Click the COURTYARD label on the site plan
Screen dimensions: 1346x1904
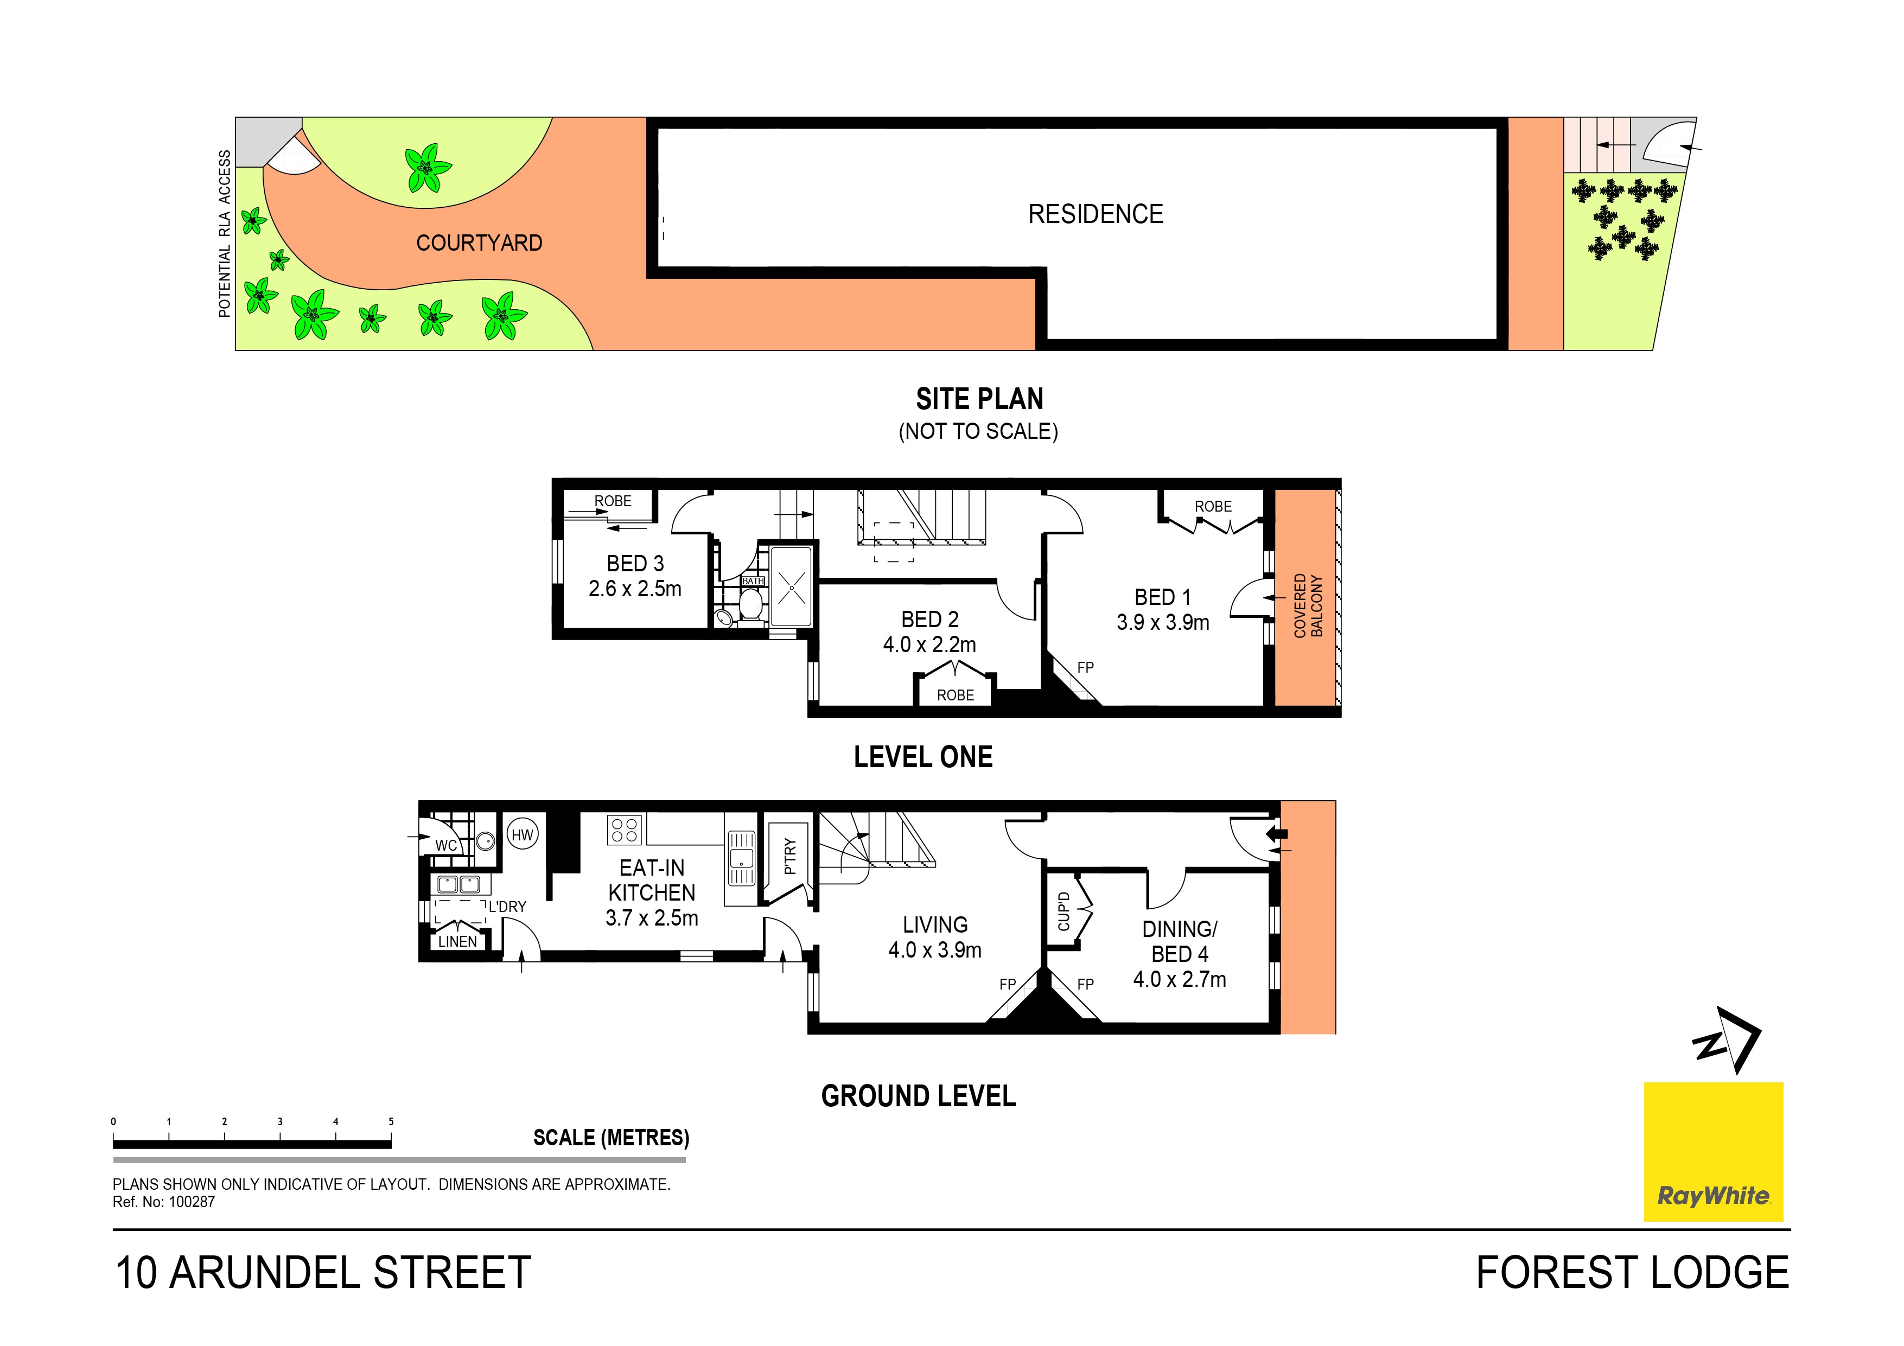(479, 243)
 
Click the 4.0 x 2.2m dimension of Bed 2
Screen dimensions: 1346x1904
(929, 645)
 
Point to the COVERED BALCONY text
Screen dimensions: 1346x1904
(1308, 605)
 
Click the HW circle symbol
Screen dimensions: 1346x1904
(523, 835)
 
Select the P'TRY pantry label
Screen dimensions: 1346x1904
(789, 856)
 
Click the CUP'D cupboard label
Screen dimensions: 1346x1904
(1064, 911)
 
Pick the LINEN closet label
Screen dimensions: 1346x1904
(458, 941)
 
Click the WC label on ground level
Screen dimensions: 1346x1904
(445, 846)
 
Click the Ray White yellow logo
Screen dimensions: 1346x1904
(1713, 1151)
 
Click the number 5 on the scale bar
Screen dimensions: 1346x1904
(391, 1121)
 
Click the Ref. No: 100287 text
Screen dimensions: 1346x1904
(164, 1202)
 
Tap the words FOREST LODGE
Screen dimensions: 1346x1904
(1632, 1273)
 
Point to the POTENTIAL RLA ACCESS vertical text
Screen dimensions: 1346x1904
(224, 234)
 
